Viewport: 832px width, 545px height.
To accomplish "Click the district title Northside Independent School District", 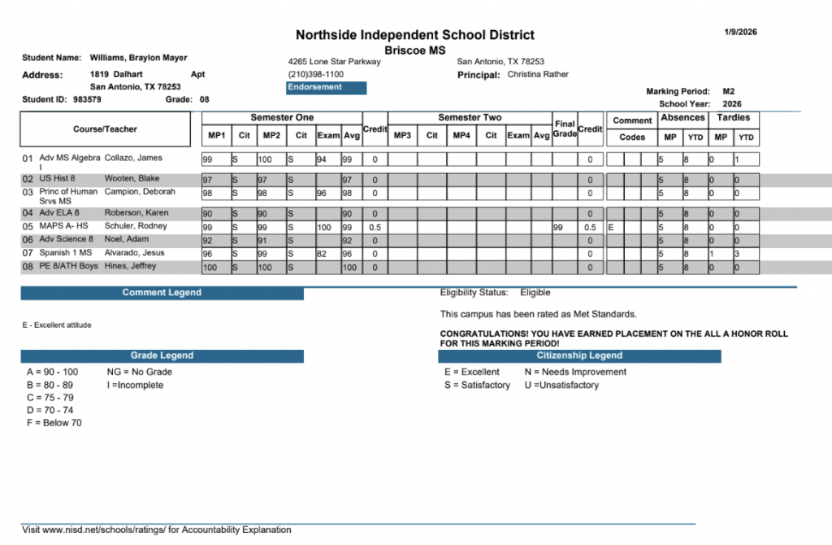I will (414, 35).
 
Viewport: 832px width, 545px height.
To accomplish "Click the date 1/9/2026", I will (740, 32).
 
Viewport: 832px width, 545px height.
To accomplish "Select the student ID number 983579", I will (87, 99).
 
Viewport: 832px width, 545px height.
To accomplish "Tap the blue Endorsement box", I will (327, 88).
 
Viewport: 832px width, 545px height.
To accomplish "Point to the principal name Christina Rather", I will (538, 74).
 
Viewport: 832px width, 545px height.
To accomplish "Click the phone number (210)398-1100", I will (316, 74).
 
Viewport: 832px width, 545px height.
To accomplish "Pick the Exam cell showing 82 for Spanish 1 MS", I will (323, 254).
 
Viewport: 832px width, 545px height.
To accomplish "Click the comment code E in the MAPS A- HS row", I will (611, 228).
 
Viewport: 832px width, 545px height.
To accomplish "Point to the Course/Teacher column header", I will (105, 129).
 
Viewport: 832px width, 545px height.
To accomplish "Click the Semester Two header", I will (470, 118).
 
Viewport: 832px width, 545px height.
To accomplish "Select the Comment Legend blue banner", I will (162, 293).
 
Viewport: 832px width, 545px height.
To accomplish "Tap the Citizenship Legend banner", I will (579, 355).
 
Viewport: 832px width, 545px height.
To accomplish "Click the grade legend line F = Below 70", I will (54, 423).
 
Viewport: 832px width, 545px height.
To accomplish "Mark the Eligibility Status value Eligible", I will (535, 292).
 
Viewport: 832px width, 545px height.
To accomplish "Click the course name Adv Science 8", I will (67, 240).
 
